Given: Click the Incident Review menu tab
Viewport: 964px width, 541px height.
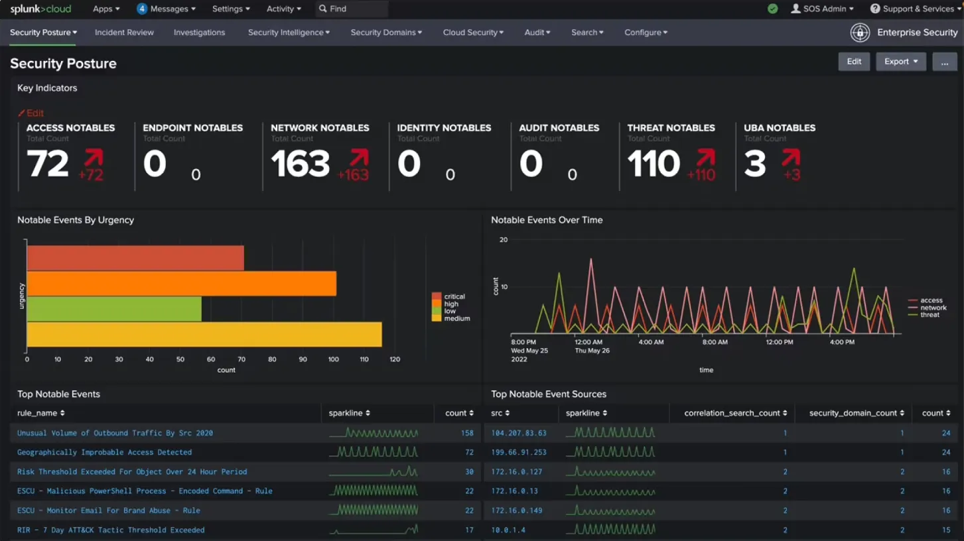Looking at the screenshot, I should (124, 32).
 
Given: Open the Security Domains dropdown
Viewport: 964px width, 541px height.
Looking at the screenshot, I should (385, 32).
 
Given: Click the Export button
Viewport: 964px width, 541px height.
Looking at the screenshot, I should (900, 62).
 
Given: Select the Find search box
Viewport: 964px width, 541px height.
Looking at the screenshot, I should (352, 9).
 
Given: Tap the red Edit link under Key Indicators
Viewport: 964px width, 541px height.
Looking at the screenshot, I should (31, 113).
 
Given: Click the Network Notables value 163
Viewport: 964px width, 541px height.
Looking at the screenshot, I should (301, 164).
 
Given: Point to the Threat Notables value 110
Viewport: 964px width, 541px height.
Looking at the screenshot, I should (654, 164).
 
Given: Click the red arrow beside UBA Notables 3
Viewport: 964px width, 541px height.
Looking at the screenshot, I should (791, 158).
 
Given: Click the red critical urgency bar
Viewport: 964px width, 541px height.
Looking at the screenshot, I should (135, 258).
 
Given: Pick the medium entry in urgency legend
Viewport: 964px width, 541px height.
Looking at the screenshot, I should (456, 319).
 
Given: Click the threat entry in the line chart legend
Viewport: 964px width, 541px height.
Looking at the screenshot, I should (929, 315).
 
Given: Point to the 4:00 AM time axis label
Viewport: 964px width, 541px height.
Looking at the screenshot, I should (651, 343).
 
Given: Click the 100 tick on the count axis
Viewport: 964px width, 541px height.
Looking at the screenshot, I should (333, 359).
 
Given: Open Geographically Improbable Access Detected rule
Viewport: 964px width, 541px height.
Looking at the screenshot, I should (104, 452).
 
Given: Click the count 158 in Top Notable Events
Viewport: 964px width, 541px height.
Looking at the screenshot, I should (467, 433).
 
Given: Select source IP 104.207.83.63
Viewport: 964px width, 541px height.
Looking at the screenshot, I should (519, 433).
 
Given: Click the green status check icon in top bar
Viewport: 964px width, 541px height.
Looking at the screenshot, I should (772, 9).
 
